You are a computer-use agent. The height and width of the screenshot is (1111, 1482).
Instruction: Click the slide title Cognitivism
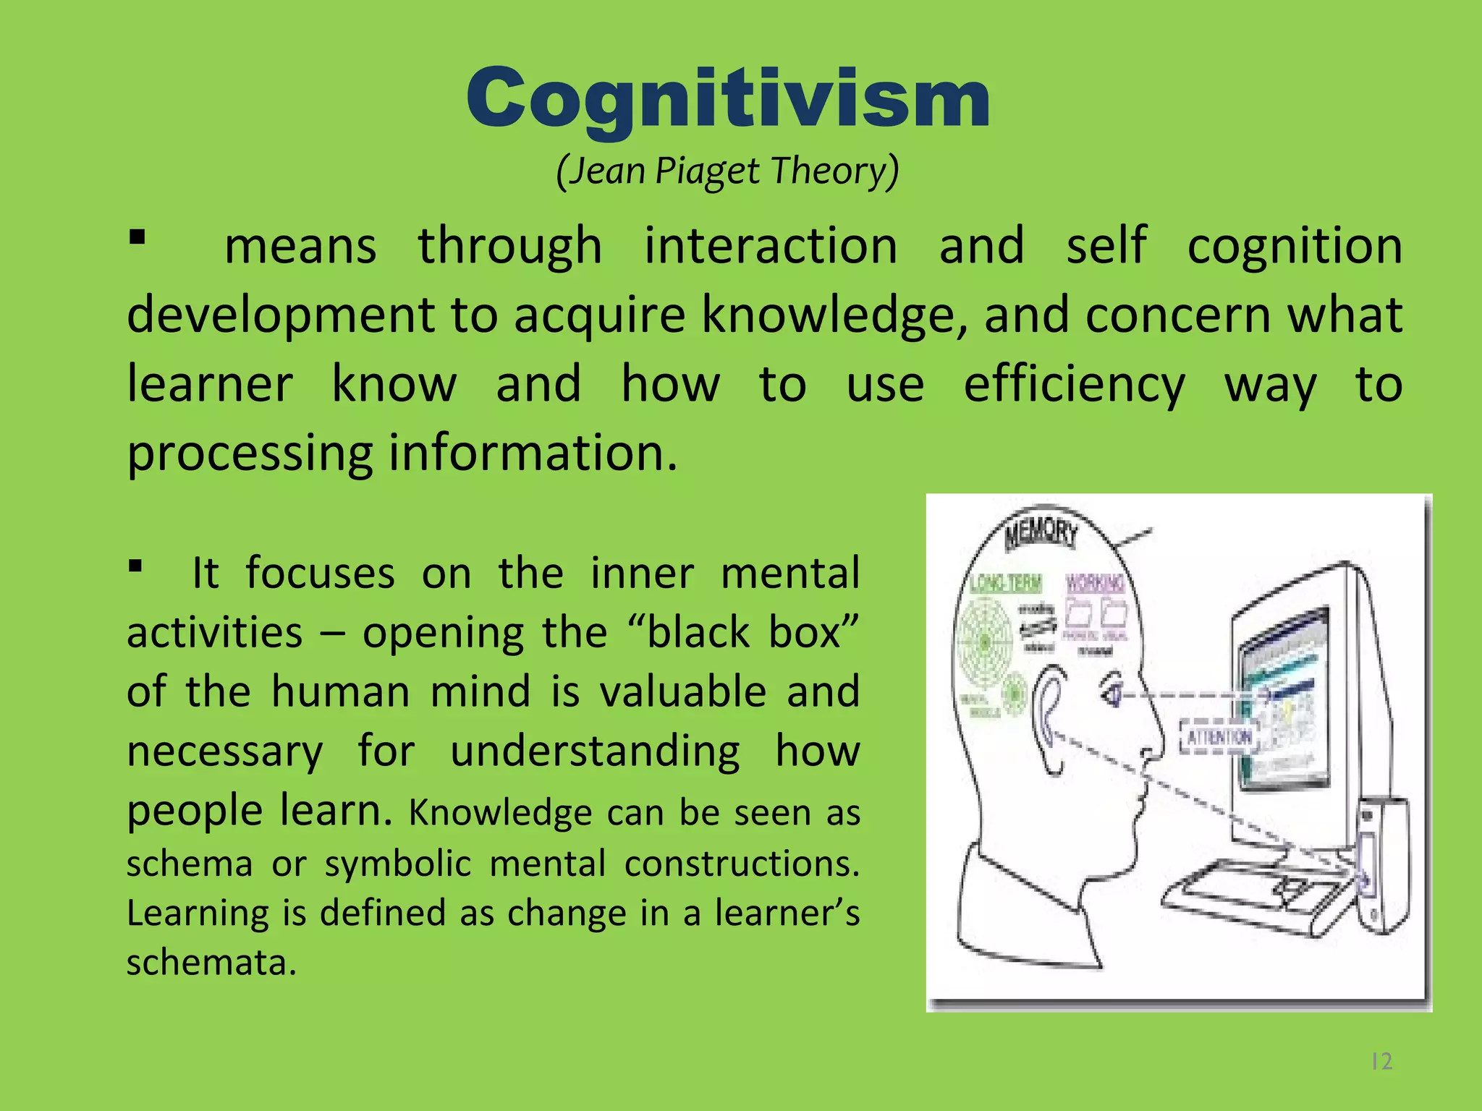click(x=728, y=98)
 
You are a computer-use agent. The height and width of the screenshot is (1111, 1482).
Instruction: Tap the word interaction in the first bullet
click(x=771, y=245)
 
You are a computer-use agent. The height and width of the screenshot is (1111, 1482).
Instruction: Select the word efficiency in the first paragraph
click(x=1074, y=384)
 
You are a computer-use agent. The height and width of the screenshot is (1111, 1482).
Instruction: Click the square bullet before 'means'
click(x=137, y=237)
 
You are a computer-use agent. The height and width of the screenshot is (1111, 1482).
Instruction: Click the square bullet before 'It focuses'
click(x=135, y=565)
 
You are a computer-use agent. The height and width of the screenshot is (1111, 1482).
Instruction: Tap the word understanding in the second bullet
click(x=595, y=751)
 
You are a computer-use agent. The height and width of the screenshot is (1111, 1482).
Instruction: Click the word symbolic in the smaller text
click(x=397, y=864)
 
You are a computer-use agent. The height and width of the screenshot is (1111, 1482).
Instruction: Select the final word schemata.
click(x=211, y=963)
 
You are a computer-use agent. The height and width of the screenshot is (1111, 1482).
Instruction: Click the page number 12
click(x=1381, y=1061)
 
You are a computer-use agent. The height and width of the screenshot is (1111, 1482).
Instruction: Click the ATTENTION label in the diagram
click(x=1219, y=737)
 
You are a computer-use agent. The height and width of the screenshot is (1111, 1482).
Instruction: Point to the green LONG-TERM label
click(x=1006, y=583)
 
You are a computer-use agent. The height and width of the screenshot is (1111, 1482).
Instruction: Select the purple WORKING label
click(x=1095, y=583)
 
